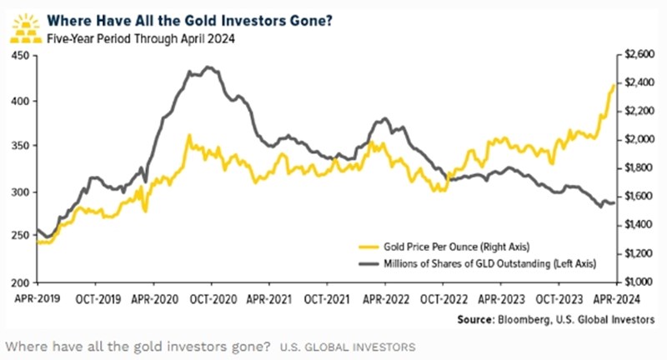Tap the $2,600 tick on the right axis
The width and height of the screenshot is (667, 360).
coord(634,56)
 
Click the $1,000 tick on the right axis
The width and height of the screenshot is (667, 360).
coord(634,282)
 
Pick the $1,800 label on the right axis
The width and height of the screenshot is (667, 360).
coord(634,168)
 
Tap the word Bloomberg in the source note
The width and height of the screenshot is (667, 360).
coord(534,319)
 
